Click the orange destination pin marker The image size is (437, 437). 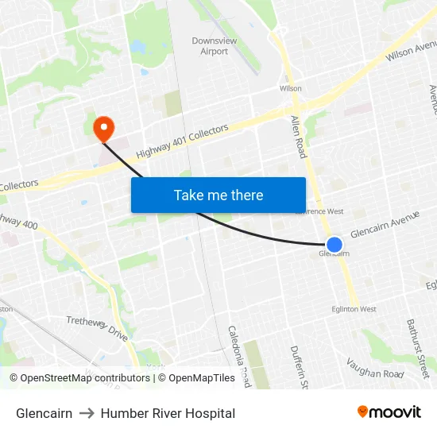103,128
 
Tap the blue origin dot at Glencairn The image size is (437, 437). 335,245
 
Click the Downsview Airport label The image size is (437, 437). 210,46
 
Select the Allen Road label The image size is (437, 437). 298,136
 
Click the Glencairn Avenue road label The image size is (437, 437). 385,223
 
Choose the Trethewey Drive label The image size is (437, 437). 97,327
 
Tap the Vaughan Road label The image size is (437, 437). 375,368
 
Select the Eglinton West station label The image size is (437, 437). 354,309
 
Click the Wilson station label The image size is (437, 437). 291,89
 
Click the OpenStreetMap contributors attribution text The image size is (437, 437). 84,378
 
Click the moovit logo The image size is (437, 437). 389,412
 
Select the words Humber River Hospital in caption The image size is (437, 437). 168,413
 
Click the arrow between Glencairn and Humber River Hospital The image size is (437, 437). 87,413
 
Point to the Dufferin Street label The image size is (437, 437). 298,366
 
